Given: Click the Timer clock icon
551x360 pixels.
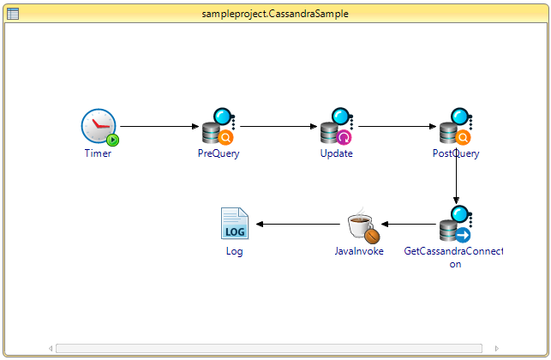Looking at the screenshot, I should click(99, 127).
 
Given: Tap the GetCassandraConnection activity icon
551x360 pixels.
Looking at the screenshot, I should click(456, 225).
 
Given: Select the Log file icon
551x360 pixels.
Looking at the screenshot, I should click(234, 224).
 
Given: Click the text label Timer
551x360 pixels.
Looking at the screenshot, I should click(98, 154).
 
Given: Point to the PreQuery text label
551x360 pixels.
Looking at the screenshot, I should click(219, 154).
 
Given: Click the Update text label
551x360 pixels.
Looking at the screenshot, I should click(337, 154).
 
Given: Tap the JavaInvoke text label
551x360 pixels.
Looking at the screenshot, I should click(359, 251).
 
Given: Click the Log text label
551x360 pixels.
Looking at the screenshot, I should click(234, 251).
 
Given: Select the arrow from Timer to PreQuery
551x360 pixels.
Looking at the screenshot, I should click(159, 127).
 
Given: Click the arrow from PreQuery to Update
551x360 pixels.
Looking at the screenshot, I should click(278, 127).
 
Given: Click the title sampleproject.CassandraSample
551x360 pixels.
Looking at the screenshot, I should click(275, 14).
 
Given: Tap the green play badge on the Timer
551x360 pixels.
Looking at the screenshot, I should click(113, 139).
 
